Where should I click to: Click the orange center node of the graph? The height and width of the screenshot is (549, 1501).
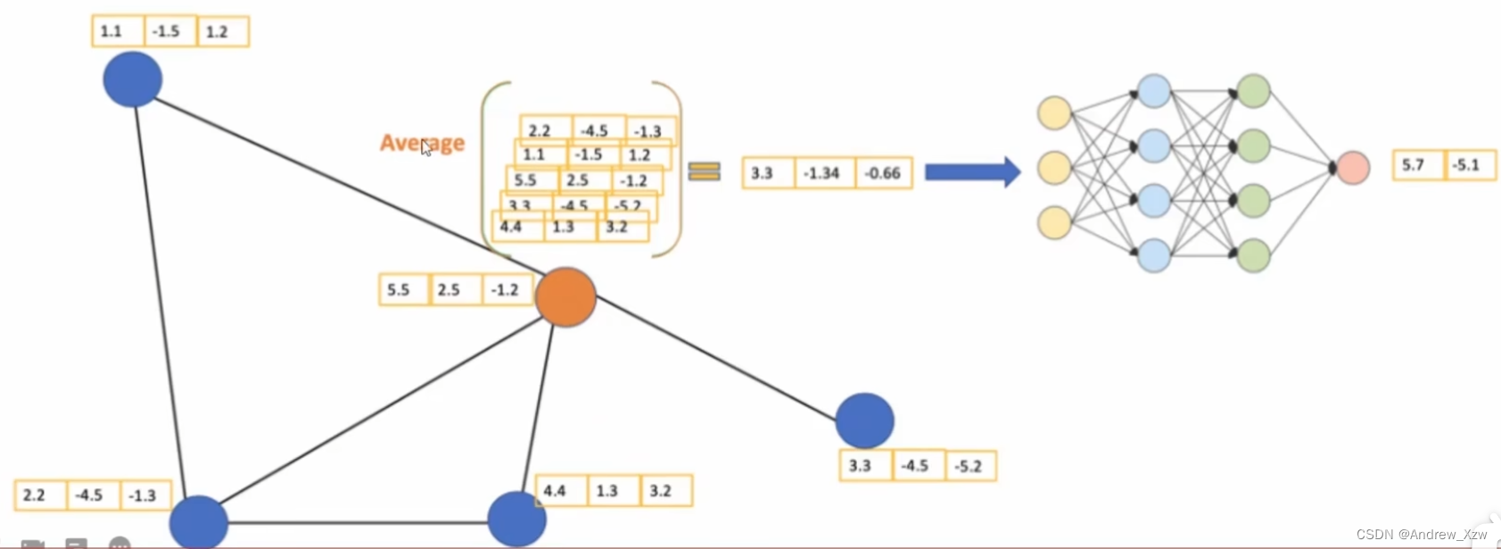565,296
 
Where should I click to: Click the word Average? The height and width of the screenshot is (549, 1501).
422,143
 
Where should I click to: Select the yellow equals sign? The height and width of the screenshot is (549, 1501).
704,171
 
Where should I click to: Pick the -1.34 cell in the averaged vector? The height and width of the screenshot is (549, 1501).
821,173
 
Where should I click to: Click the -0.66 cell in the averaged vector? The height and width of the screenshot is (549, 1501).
883,173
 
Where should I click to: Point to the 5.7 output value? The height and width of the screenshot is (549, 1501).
1414,165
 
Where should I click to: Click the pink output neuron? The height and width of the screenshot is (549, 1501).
1353,168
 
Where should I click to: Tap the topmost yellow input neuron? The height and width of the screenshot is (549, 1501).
1054,113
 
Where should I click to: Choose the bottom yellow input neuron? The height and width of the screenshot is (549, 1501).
1054,222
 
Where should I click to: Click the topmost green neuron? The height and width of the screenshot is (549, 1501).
1254,91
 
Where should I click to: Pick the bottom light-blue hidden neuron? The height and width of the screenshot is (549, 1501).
1154,255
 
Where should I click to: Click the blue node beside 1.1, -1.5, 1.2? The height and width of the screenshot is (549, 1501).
132,79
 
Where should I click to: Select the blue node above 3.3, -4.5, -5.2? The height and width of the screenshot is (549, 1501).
864,420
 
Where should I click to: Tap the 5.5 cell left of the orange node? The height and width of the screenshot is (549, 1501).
400,290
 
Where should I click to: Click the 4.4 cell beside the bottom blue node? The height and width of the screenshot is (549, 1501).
555,491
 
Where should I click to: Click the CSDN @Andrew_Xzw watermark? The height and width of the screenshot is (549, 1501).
1422,534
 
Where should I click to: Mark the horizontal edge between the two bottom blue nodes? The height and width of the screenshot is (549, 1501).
357,522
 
